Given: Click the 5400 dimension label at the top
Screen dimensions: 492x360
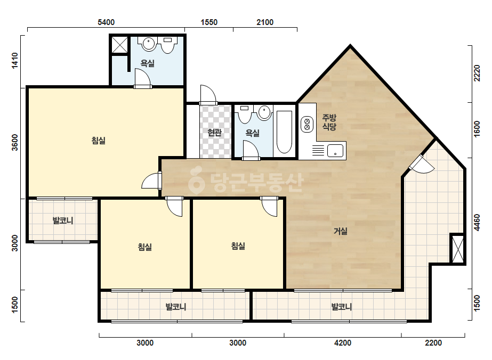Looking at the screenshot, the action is [x=106, y=22].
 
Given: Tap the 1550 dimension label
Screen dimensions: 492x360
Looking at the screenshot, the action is [x=209, y=22].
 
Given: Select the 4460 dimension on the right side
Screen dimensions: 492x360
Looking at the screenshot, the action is [x=477, y=223].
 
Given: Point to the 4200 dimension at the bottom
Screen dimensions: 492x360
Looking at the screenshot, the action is [x=343, y=343].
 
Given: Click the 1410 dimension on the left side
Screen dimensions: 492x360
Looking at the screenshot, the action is [x=15, y=61].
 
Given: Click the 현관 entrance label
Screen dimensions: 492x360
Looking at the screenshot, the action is [x=215, y=133].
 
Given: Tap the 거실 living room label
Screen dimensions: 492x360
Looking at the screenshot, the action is [x=341, y=232].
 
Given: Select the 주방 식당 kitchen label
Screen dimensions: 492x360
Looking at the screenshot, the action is [x=329, y=122].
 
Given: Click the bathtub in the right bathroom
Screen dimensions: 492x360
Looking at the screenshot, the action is [x=284, y=132].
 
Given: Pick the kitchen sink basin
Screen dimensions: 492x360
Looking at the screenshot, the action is [x=335, y=151].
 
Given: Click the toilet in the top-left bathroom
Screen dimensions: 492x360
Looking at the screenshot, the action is [x=168, y=45].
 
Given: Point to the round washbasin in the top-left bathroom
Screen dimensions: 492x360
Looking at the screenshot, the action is [x=148, y=44].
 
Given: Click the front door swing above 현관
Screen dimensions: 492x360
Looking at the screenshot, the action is [x=208, y=94].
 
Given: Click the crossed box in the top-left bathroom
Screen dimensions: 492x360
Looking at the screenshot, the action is [x=120, y=45].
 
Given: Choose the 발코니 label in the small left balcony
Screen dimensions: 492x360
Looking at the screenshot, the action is [x=63, y=220].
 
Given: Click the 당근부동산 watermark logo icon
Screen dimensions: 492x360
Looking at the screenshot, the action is [x=196, y=181].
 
